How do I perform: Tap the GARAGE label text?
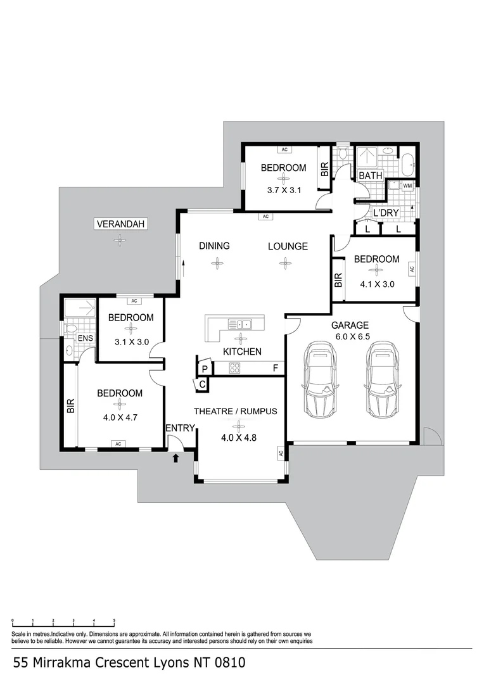point(350,325)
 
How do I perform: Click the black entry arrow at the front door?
point(175,457)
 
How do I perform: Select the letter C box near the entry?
point(201,384)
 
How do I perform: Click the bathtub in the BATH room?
point(407,164)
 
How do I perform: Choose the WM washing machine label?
point(407,186)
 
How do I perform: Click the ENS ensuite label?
point(86,338)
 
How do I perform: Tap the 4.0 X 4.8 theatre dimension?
point(236,437)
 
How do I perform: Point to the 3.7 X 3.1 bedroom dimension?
point(283,189)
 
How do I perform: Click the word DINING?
point(214,246)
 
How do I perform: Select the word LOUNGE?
point(288,246)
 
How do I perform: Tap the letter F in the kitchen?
point(276,368)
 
